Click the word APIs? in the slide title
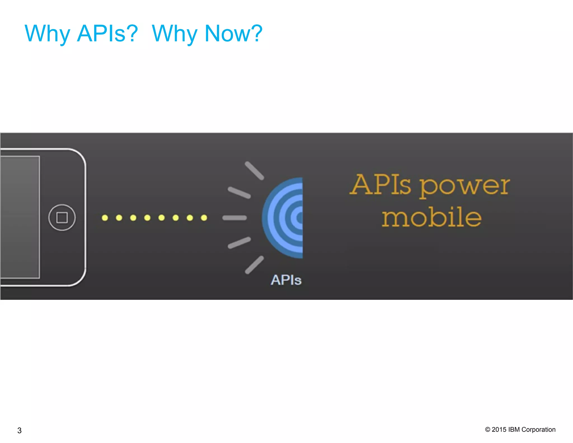(x=107, y=33)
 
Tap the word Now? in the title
(x=234, y=33)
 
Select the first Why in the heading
(x=47, y=34)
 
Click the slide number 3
(x=19, y=430)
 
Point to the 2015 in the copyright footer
(x=499, y=430)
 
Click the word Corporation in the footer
(x=538, y=430)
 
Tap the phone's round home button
(x=62, y=218)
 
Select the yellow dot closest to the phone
(x=105, y=218)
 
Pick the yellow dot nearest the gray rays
(x=204, y=218)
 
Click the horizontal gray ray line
(x=234, y=218)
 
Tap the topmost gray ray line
(x=254, y=171)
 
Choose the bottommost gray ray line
(x=254, y=265)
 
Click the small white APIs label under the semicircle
(x=286, y=280)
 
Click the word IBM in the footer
(x=514, y=430)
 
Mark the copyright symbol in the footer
(x=488, y=430)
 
